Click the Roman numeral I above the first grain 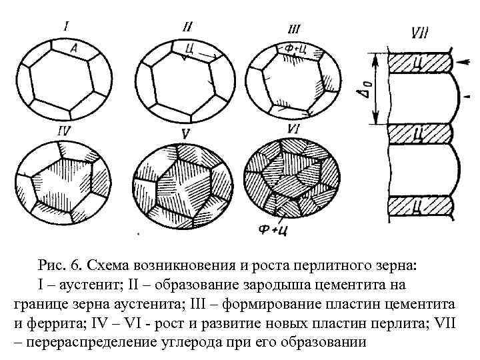67,27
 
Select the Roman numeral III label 294,29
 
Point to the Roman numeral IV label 64,131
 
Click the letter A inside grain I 75,48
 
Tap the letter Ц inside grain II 190,47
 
